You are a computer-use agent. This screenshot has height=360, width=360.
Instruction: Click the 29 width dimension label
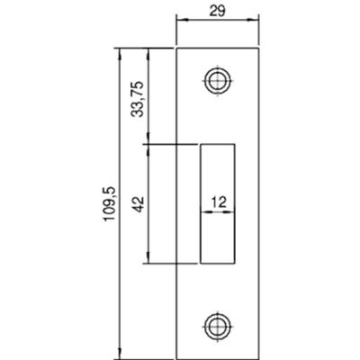coord(217,11)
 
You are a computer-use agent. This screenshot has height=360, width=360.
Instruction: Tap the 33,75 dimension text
coord(138,99)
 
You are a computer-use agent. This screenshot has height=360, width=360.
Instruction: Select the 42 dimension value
coord(138,204)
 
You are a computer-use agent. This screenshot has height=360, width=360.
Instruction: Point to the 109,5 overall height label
coord(110,204)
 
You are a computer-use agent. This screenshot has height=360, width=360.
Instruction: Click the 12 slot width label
coord(219,202)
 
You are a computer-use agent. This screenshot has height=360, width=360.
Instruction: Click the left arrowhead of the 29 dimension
coord(182,20)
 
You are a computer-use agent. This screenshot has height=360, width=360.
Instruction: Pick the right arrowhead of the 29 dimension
coord(253,20)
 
